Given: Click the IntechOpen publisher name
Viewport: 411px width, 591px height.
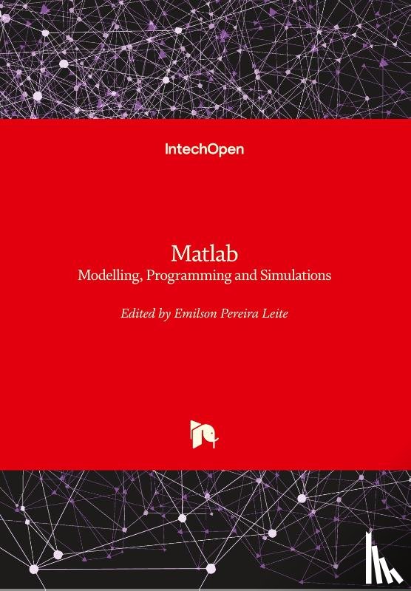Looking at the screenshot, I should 204,149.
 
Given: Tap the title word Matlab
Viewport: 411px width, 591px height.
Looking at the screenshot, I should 205,253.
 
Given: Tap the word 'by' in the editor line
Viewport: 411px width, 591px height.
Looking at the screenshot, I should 165,314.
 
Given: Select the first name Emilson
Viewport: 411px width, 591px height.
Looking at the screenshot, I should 199,313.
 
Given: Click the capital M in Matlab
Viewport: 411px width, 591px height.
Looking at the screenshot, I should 180,253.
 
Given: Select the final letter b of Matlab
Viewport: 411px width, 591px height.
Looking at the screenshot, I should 233,253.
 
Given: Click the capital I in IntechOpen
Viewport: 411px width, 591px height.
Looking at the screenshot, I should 166,149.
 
